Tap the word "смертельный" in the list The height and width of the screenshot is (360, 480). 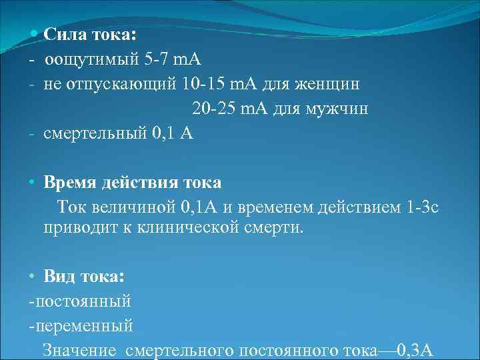[95, 133]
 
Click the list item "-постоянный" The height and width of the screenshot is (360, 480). [80, 301]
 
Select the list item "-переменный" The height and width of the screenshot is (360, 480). [81, 325]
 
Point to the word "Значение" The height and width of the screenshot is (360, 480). [79, 350]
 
